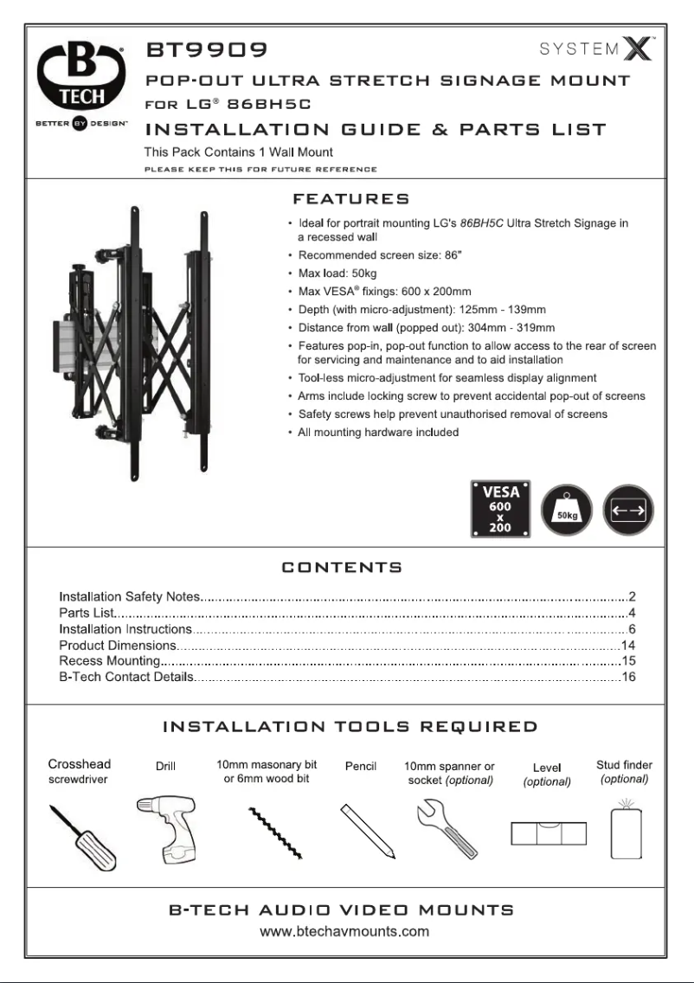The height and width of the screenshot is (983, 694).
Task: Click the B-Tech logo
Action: coord(81,83)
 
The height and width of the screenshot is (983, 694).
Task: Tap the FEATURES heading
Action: coord(351,200)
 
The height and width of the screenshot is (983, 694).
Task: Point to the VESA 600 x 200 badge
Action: coord(500,511)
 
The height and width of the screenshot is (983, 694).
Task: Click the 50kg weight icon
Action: coord(566,511)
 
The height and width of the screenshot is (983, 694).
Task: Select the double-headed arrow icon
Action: coord(628,511)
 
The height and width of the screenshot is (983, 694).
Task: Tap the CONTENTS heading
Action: coord(342,568)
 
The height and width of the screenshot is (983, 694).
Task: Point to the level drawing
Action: coord(547,833)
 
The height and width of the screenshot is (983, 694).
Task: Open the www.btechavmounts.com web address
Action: coord(345,932)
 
